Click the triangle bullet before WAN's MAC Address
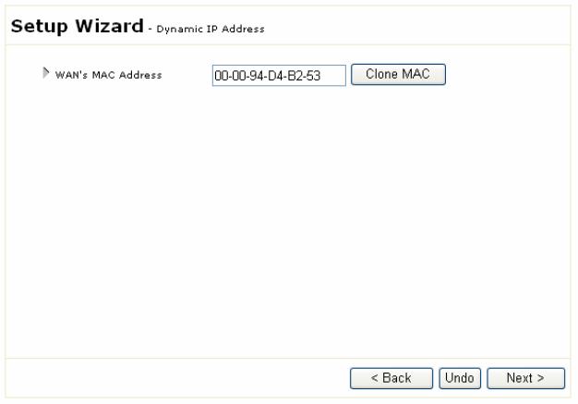(46, 74)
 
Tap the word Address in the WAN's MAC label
(143, 75)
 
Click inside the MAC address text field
(278, 75)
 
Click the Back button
(391, 378)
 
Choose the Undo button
(459, 378)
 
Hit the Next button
(525, 378)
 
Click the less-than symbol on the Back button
(375, 378)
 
